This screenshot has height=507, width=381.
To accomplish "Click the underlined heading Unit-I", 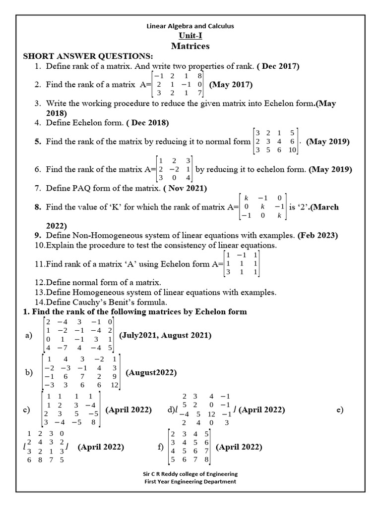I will click(x=190, y=36).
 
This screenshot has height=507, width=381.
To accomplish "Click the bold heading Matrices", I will click(x=190, y=46).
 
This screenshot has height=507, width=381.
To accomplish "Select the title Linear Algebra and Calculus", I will click(x=190, y=26).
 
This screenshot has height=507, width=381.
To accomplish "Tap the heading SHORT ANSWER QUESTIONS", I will click(x=88, y=56).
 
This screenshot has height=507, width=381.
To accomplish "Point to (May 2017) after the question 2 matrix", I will click(x=231, y=85).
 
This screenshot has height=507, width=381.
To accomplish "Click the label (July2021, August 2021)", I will click(x=165, y=335).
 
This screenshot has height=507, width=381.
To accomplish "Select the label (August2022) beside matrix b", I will click(x=151, y=372).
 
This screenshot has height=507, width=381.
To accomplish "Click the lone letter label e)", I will click(x=340, y=409).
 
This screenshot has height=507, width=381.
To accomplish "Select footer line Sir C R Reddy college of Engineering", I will click(x=190, y=474).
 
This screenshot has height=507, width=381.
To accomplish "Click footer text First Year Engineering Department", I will click(x=190, y=481).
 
